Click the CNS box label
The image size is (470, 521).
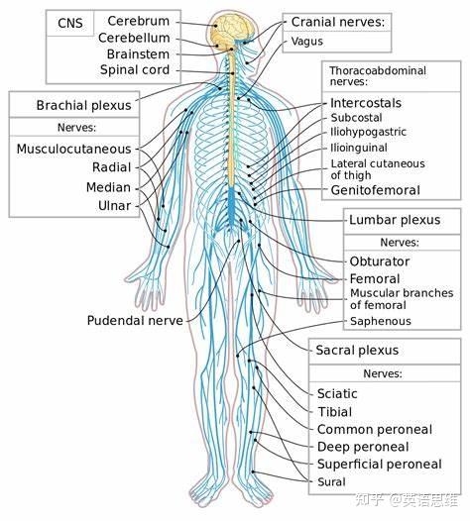click(x=70, y=23)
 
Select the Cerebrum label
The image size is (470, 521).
click(x=139, y=21)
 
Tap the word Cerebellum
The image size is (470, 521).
click(x=134, y=38)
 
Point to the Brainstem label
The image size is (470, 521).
click(x=138, y=53)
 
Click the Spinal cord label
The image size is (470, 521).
click(x=135, y=69)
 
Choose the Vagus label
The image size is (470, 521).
click(x=307, y=42)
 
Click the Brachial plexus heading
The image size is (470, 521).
click(x=84, y=105)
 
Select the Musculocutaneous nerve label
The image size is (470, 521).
click(x=73, y=149)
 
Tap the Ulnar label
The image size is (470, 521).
click(x=114, y=206)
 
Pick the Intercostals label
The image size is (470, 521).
click(x=366, y=103)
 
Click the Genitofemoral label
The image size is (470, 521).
click(x=375, y=190)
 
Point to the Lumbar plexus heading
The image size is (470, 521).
click(x=395, y=220)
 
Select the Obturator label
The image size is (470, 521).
click(x=379, y=261)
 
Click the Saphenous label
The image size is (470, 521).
click(x=381, y=321)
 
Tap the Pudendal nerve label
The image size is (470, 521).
click(x=135, y=321)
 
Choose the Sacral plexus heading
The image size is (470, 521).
click(x=357, y=351)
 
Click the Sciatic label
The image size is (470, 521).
click(x=337, y=394)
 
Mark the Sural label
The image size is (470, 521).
click(x=331, y=481)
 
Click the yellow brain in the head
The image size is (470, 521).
click(x=233, y=29)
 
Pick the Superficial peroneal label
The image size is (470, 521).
click(x=379, y=465)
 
